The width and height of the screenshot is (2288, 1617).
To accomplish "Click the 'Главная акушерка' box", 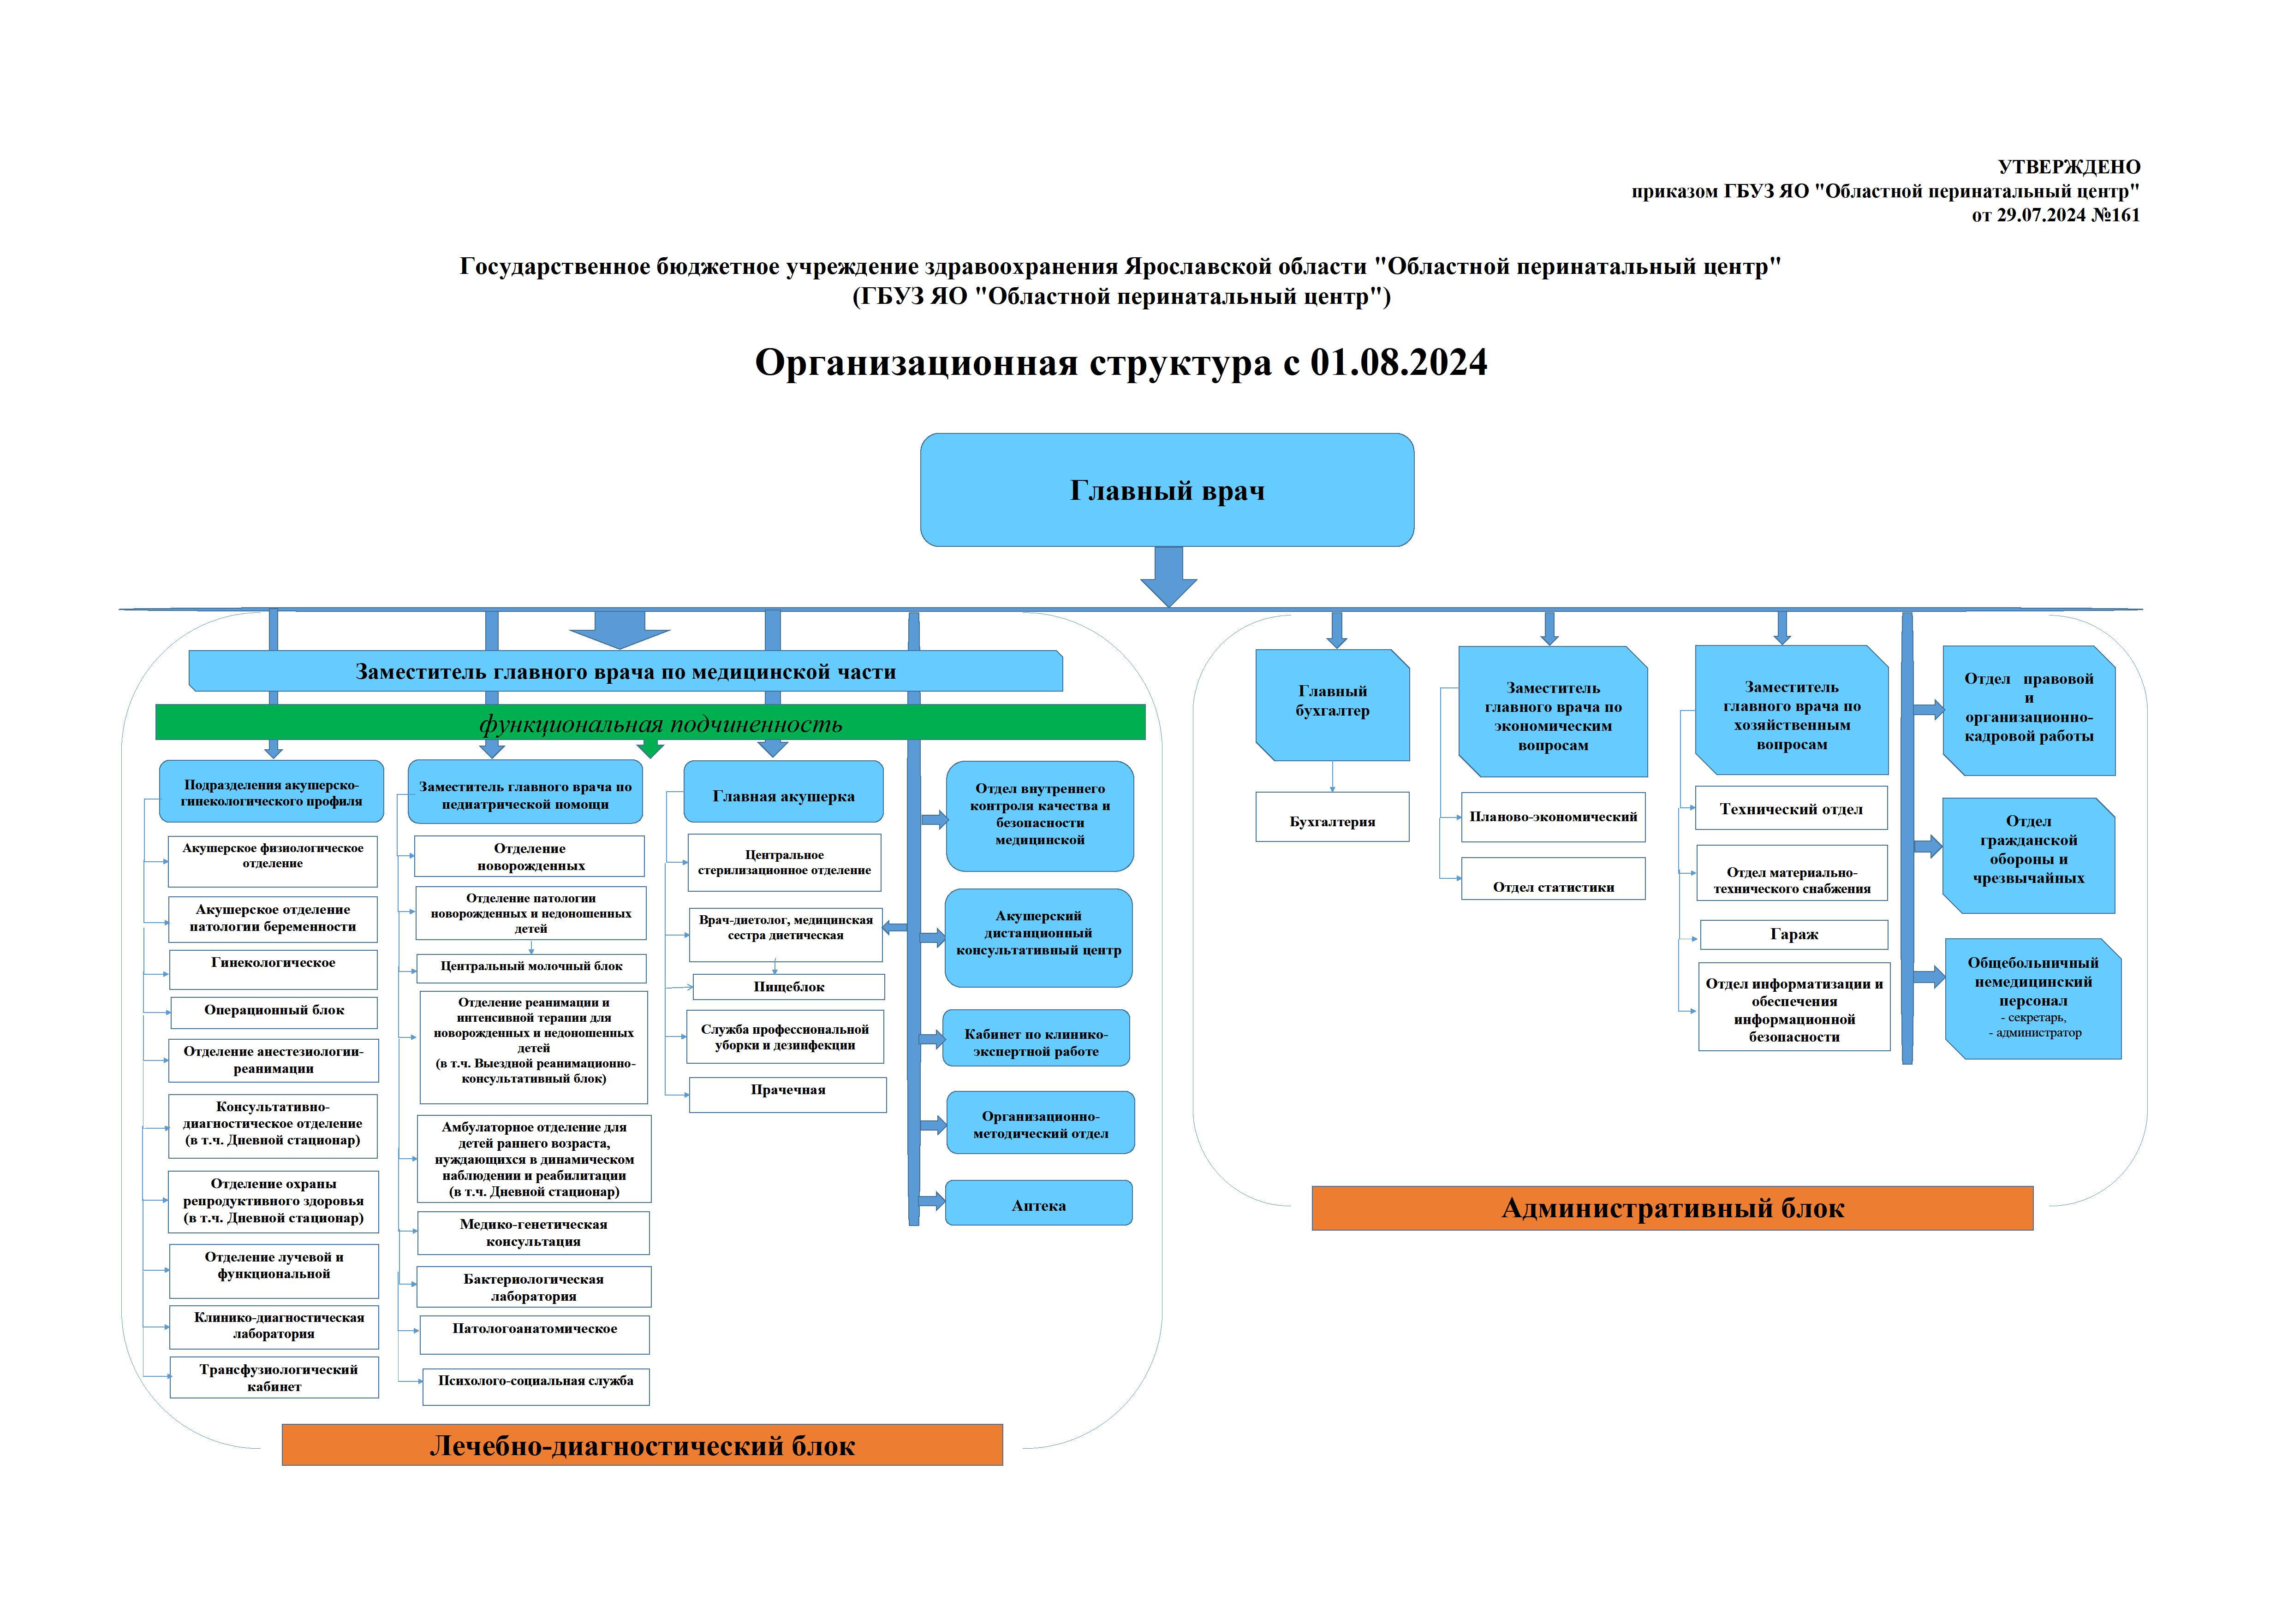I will [x=783, y=794].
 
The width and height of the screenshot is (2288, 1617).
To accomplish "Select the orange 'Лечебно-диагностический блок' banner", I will [x=642, y=1445].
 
